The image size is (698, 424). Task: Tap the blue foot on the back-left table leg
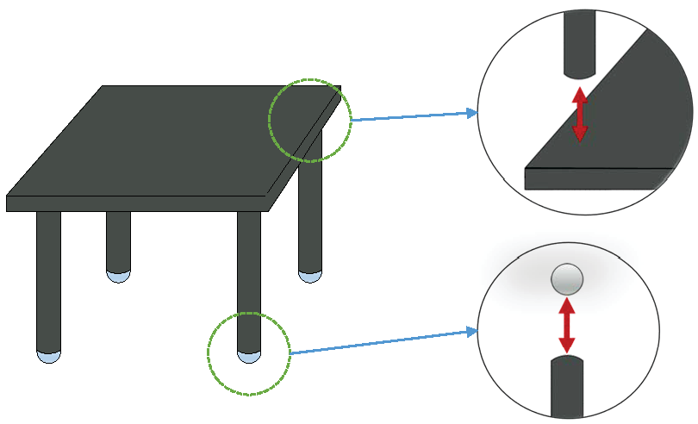pos(118,276)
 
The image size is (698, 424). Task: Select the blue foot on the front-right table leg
pos(249,357)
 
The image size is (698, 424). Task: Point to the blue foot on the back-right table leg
pos(310,276)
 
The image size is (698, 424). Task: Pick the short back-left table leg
pos(118,241)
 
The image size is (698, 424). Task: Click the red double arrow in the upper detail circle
pos(580,113)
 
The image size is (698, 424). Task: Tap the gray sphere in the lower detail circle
pos(567,278)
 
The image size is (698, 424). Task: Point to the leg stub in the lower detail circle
pos(567,388)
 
